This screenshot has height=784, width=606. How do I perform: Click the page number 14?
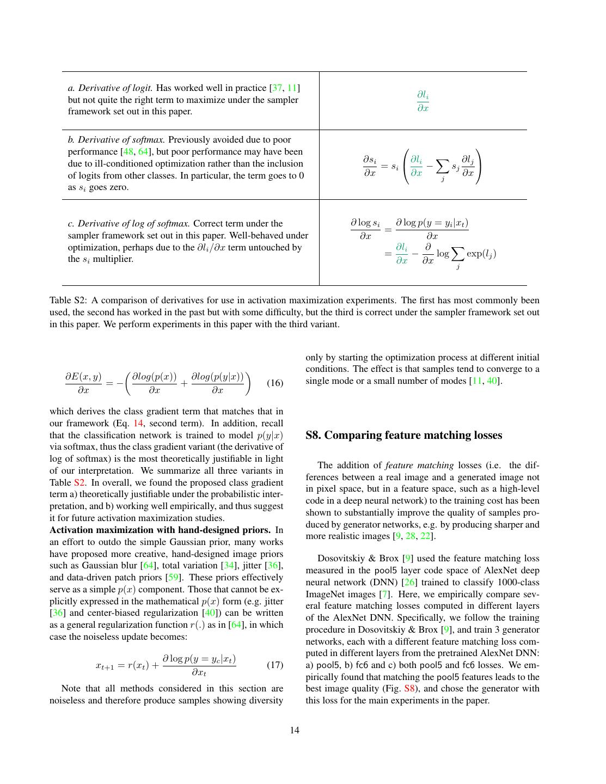pyautogui.click(x=295, y=730)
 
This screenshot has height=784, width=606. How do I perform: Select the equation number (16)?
pyautogui.click(x=275, y=383)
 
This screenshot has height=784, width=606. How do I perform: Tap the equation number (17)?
pyautogui.click(x=275, y=665)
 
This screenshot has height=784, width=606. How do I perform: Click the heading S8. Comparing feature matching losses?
pyautogui.click(x=403, y=435)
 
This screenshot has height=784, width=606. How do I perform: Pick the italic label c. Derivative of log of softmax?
pyautogui.click(x=128, y=223)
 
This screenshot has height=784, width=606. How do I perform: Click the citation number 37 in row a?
pyautogui.click(x=277, y=88)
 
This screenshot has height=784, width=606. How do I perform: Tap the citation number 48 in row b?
pyautogui.click(x=128, y=152)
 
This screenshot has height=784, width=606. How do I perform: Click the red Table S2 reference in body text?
pyautogui.click(x=79, y=483)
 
